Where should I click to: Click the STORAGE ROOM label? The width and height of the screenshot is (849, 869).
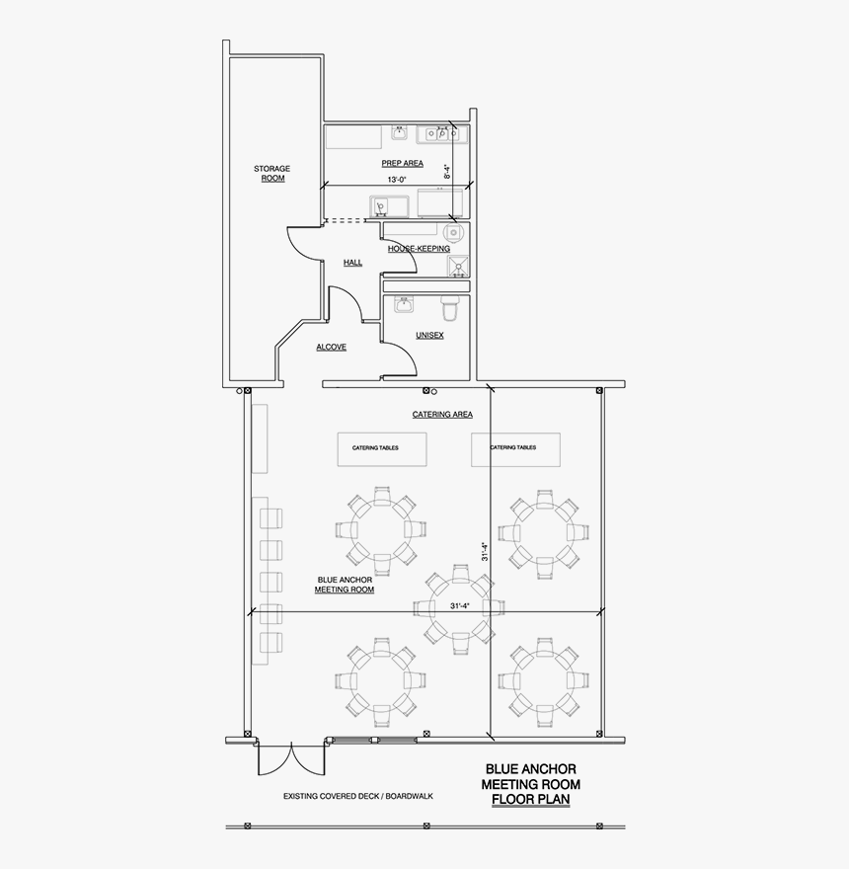pyautogui.click(x=271, y=174)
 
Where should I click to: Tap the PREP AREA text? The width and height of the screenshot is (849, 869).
pyautogui.click(x=402, y=163)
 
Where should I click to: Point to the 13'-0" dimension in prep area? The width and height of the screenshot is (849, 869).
pyautogui.click(x=397, y=181)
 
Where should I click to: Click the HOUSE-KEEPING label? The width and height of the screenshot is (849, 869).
pyautogui.click(x=419, y=249)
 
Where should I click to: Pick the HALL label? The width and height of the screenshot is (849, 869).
pyautogui.click(x=352, y=263)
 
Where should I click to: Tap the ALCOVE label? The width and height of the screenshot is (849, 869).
pyautogui.click(x=331, y=348)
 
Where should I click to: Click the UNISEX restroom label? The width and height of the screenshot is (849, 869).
pyautogui.click(x=429, y=336)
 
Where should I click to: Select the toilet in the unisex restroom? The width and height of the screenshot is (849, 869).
pyautogui.click(x=451, y=307)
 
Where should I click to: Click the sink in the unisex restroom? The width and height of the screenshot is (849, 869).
pyautogui.click(x=404, y=306)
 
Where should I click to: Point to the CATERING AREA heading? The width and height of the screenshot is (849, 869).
pyautogui.click(x=442, y=415)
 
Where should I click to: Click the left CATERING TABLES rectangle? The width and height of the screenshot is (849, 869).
pyautogui.click(x=382, y=448)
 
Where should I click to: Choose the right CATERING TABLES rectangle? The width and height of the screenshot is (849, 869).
pyautogui.click(x=514, y=448)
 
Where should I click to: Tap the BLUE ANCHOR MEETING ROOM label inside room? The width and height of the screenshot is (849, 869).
pyautogui.click(x=345, y=585)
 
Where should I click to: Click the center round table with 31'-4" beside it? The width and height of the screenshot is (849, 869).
pyautogui.click(x=458, y=604)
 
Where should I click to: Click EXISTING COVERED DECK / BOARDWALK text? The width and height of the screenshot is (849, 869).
pyautogui.click(x=357, y=796)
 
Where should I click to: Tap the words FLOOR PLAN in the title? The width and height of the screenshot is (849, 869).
pyautogui.click(x=530, y=799)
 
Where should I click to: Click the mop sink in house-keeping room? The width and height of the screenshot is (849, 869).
pyautogui.click(x=457, y=265)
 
